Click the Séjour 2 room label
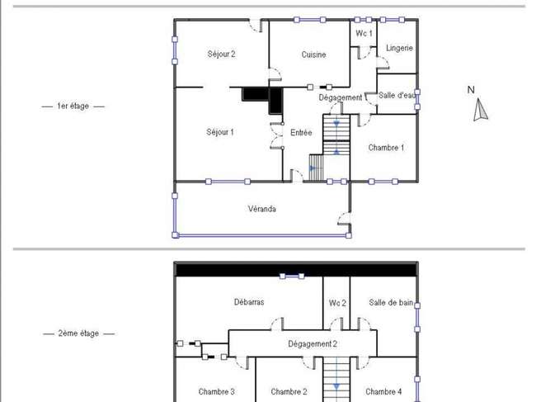pyautogui.click(x=222, y=54)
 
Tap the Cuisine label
pyautogui.click(x=313, y=54)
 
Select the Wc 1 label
pyautogui.click(x=364, y=33)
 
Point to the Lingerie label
pyautogui.click(x=399, y=48)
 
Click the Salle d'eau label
pyautogui.click(x=397, y=96)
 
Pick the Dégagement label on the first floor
pyautogui.click(x=341, y=97)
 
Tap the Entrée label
pyautogui.click(x=301, y=132)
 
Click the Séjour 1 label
pyautogui.click(x=220, y=132)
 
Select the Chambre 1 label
pyautogui.click(x=386, y=148)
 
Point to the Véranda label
pyautogui.click(x=262, y=209)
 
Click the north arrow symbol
pyautogui.click(x=480, y=110)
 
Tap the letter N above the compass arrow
pyautogui.click(x=471, y=90)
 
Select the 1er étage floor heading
pyautogui.click(x=73, y=106)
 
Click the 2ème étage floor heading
pyautogui.click(x=78, y=333)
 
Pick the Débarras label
pyautogui.click(x=249, y=302)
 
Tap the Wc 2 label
pyautogui.click(x=337, y=303)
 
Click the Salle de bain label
pyautogui.click(x=391, y=302)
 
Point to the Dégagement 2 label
pyautogui.click(x=313, y=344)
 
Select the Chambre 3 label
pyautogui.click(x=216, y=392)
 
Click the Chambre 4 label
pyautogui.click(x=383, y=392)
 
